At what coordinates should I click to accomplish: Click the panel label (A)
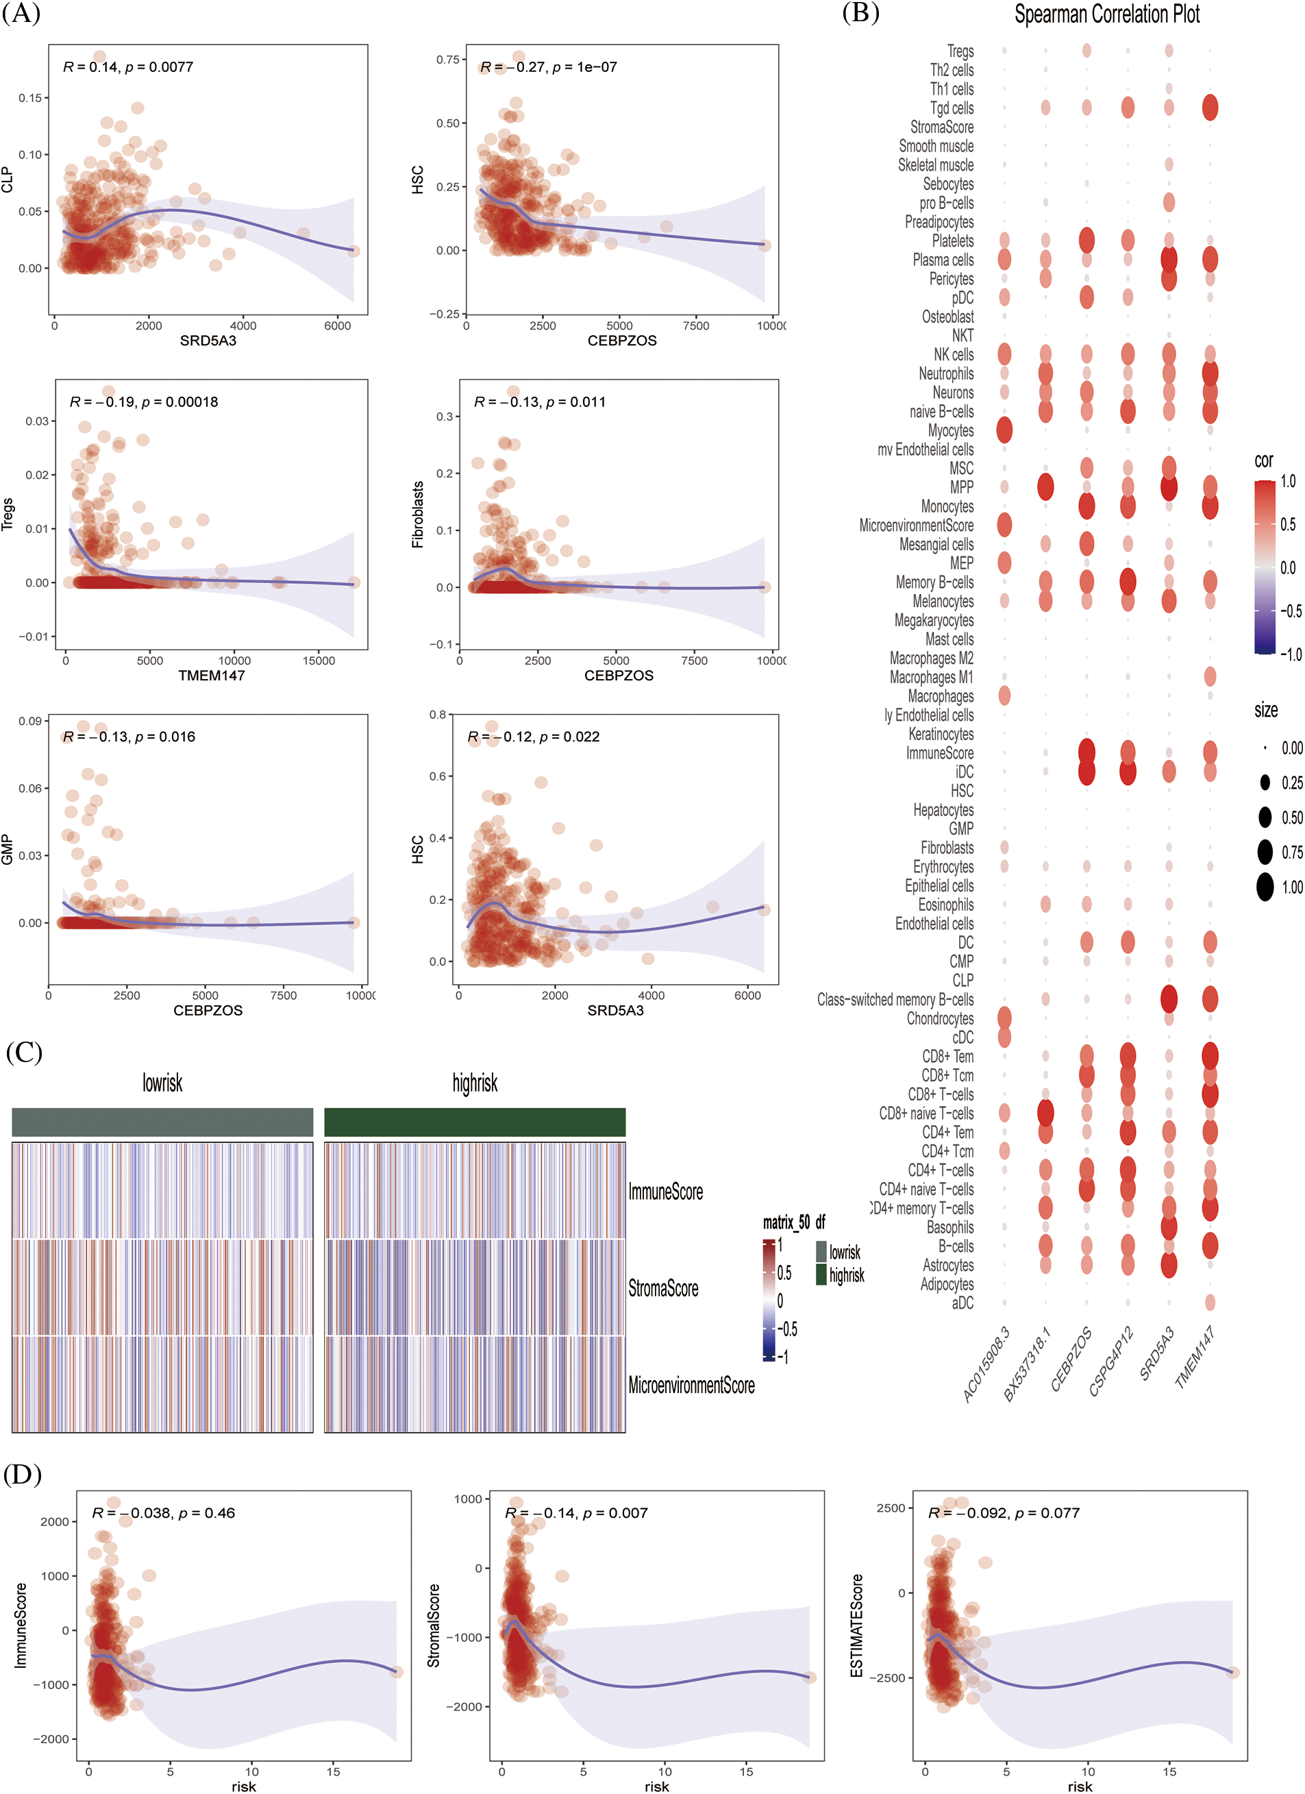click(21, 14)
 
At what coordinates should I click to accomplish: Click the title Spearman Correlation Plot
click(1106, 14)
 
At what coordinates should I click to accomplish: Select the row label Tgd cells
click(952, 108)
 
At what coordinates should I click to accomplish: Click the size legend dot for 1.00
click(1265, 887)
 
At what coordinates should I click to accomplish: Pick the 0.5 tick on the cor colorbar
click(1288, 524)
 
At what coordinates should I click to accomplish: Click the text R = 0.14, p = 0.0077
click(128, 67)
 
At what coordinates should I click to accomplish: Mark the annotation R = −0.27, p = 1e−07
click(549, 67)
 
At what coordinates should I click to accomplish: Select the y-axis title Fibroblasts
click(418, 514)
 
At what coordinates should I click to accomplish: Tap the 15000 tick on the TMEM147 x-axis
click(319, 661)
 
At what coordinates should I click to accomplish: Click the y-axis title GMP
click(8, 850)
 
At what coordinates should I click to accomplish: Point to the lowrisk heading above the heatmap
click(162, 1083)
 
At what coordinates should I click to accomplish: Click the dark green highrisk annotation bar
click(475, 1122)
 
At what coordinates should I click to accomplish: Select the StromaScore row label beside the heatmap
click(663, 1288)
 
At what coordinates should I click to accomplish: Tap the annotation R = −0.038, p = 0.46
click(164, 1513)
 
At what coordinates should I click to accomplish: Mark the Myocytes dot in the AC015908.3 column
click(1004, 430)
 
